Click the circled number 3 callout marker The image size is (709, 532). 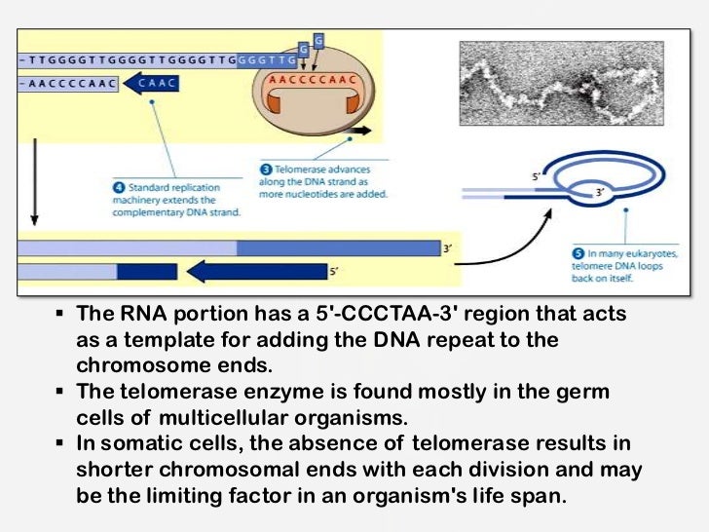[x=264, y=168]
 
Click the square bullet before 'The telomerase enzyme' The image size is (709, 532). [x=59, y=393]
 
